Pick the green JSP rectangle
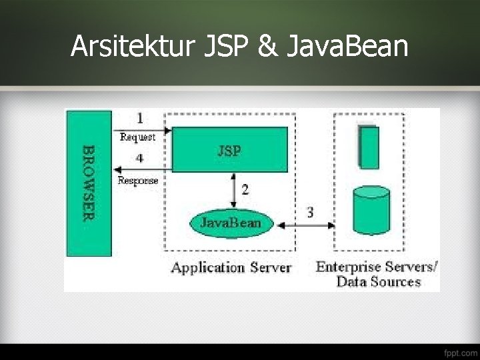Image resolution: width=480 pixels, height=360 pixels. pyautogui.click(x=230, y=150)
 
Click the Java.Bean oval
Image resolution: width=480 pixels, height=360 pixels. pyautogui.click(x=231, y=222)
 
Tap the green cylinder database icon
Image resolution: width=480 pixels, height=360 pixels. pyautogui.click(x=370, y=210)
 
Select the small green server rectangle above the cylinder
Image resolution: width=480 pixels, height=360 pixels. pyautogui.click(x=369, y=147)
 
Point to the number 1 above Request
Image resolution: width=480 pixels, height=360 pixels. pyautogui.click(x=140, y=119)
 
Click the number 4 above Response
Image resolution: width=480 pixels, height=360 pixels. pyautogui.click(x=139, y=159)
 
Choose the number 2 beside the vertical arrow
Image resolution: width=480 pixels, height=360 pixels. pyautogui.click(x=245, y=189)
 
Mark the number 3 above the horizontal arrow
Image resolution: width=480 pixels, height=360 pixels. pyautogui.click(x=311, y=212)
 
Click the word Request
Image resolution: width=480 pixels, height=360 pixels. pyautogui.click(x=137, y=137)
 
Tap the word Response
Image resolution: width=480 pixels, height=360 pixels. pyautogui.click(x=138, y=180)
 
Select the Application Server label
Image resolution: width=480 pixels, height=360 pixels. pyautogui.click(x=231, y=267)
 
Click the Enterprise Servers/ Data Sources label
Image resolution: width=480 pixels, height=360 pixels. pyautogui.click(x=377, y=274)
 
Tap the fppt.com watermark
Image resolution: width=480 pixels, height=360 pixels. pyautogui.click(x=458, y=351)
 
